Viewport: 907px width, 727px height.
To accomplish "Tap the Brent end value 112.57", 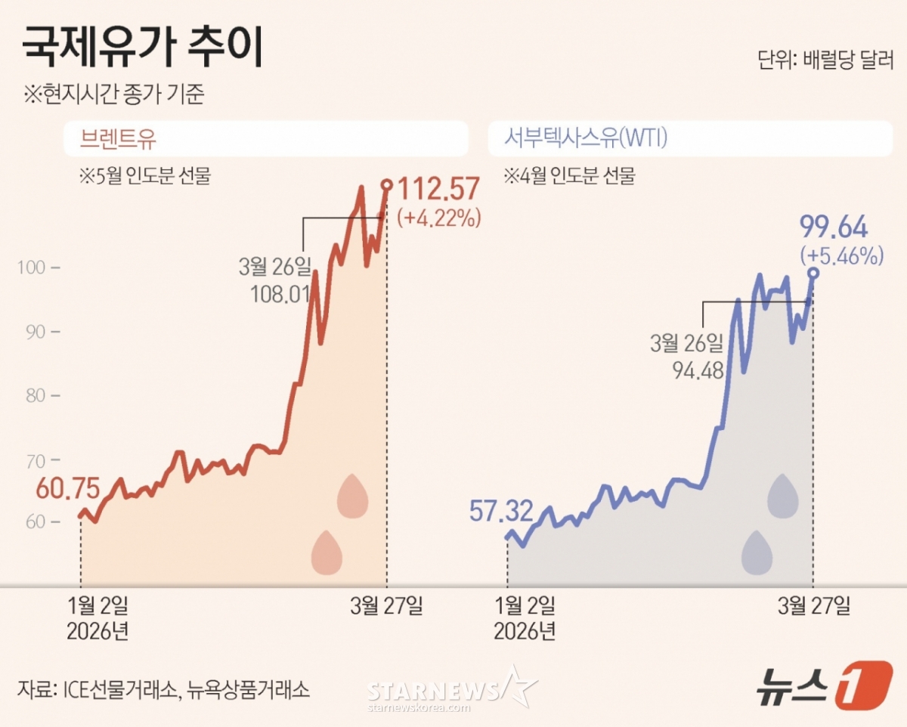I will pos(438,190).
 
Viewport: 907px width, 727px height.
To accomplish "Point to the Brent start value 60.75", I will pos(68,489).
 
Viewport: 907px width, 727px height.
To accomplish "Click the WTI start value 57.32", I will pos(500,511).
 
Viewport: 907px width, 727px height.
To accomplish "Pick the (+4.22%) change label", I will pos(439,219).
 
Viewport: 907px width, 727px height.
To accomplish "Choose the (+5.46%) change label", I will pos(841,255).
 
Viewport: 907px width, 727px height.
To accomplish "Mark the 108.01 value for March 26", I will pos(280,292).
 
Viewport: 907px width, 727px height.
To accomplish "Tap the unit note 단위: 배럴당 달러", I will pos(825,60).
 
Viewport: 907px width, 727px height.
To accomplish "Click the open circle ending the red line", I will pos(387,184).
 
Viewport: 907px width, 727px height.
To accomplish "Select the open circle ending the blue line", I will pos(813,274).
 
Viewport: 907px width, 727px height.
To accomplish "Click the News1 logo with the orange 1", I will pos(825,685).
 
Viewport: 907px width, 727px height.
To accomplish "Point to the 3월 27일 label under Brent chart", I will pos(386,605).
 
